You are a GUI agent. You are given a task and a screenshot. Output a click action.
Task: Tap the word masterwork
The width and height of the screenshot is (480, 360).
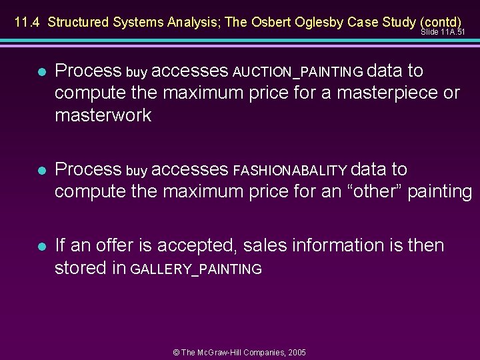click(103, 115)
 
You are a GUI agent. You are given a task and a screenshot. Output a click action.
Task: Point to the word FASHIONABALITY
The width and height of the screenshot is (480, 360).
click(290, 171)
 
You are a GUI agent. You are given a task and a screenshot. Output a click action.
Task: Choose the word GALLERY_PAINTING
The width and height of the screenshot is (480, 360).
click(196, 269)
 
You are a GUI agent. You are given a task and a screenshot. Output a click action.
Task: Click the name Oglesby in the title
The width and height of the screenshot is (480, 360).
click(320, 22)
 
